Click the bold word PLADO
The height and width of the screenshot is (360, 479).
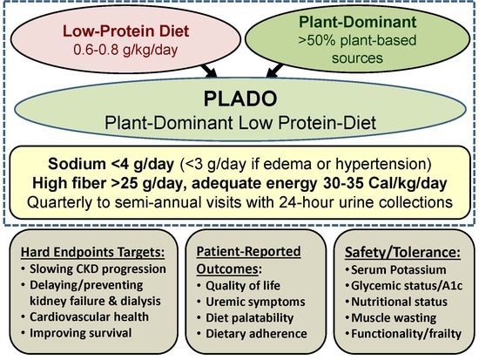(240, 98)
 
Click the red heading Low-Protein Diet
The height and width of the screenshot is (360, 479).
(126, 31)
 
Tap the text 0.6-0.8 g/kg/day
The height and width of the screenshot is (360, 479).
(125, 50)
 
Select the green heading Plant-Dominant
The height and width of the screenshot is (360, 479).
(358, 22)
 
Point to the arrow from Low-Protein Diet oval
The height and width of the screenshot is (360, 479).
(208, 71)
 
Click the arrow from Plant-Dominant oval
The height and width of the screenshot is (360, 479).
(274, 71)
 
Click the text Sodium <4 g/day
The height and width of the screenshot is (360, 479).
(111, 164)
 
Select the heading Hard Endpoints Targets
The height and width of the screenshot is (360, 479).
(93, 252)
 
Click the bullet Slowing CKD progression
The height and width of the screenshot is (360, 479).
(98, 268)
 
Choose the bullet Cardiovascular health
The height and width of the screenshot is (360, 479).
(89, 316)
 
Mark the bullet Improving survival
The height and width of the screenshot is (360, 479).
(81, 333)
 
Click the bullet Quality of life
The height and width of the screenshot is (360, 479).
(243, 286)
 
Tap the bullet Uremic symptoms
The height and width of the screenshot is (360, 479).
(255, 302)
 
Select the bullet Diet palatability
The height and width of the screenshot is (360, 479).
(250, 318)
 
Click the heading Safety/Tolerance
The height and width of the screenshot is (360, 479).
(402, 253)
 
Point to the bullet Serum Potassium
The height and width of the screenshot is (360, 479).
(398, 269)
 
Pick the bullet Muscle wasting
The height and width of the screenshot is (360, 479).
(394, 318)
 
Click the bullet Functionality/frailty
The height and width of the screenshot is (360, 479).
(407, 334)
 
